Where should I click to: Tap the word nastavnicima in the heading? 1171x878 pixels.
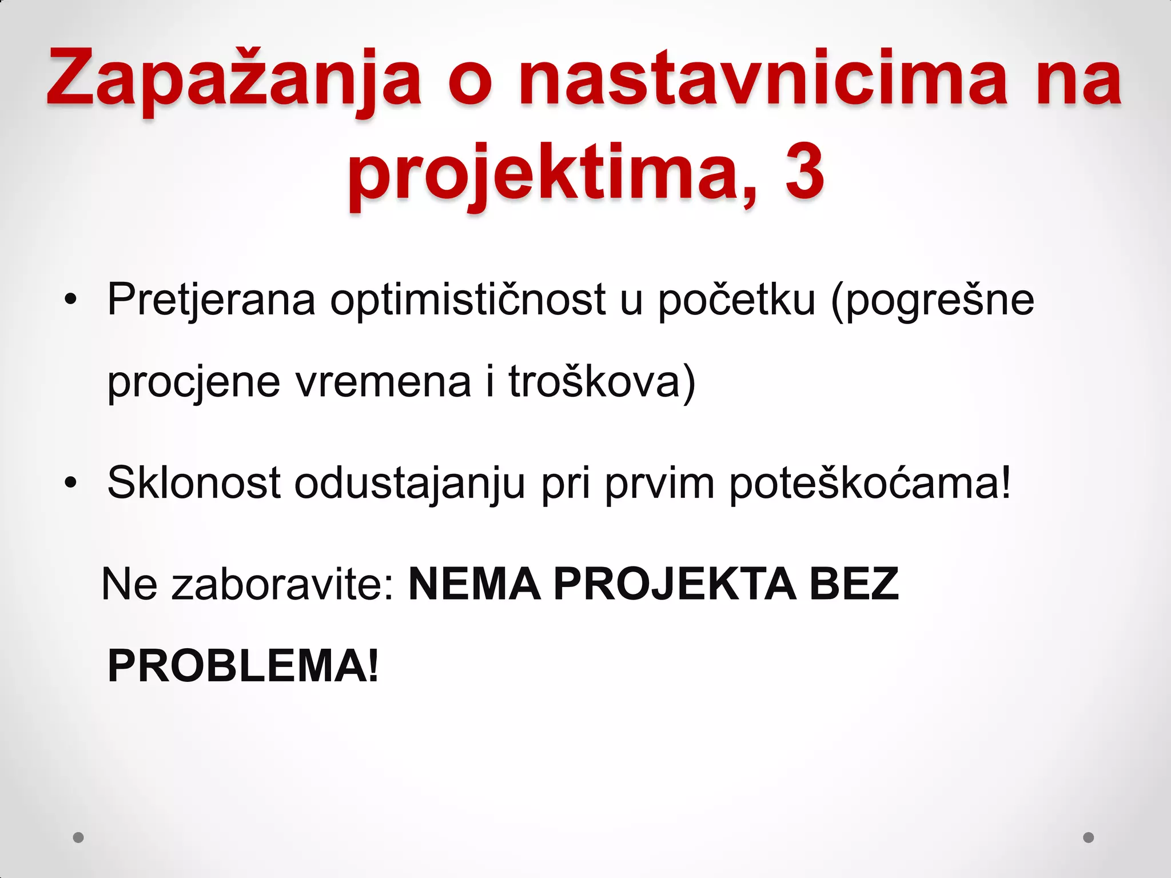(x=763, y=77)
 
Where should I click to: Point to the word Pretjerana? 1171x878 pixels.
(x=211, y=300)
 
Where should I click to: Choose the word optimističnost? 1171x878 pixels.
(x=468, y=300)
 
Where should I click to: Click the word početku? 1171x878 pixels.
(x=736, y=300)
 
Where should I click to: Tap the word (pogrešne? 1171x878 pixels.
(x=933, y=300)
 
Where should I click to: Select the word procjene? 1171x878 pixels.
(x=194, y=382)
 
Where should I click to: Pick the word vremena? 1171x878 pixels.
(x=383, y=382)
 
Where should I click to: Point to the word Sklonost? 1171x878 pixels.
(x=194, y=483)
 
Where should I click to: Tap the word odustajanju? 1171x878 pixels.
(x=409, y=483)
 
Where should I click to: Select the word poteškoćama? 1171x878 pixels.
(x=870, y=483)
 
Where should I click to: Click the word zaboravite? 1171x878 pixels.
(x=283, y=584)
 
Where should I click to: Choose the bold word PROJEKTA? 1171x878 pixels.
(x=675, y=584)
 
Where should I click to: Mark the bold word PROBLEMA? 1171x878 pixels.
(x=243, y=666)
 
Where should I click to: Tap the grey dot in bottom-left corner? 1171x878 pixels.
(x=78, y=837)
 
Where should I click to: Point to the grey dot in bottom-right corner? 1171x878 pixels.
(x=1089, y=837)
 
